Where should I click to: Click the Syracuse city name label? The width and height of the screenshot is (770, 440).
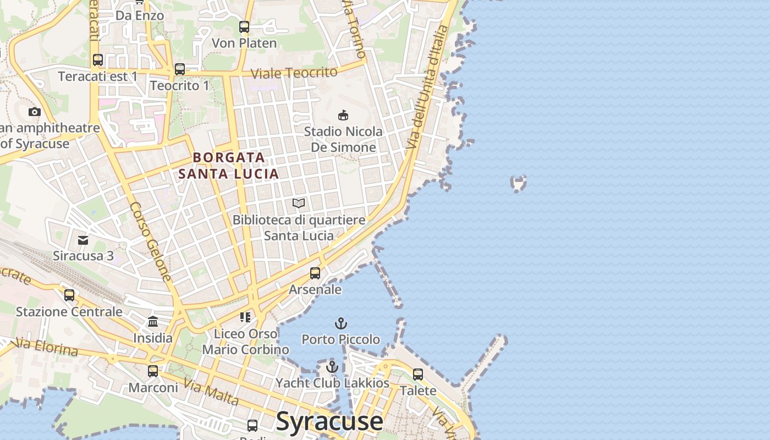click(x=329, y=421)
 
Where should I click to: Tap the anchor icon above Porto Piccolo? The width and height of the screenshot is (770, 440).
click(x=341, y=323)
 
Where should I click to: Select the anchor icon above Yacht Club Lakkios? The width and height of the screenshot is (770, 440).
click(x=332, y=367)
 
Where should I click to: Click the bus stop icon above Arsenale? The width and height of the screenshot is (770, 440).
click(x=315, y=273)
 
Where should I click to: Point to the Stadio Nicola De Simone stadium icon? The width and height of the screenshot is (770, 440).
click(x=343, y=115)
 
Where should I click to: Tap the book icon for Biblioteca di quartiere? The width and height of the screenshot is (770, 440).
click(x=299, y=204)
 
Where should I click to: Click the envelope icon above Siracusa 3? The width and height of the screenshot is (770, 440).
click(x=83, y=240)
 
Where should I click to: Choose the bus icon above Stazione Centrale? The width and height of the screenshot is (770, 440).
click(x=69, y=295)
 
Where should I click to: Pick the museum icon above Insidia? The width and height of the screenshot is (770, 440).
click(x=153, y=321)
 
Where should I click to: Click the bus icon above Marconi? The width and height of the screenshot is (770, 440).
click(x=153, y=371)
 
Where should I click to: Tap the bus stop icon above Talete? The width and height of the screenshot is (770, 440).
click(x=418, y=375)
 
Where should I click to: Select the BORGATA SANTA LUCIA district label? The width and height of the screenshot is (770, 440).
click(x=229, y=166)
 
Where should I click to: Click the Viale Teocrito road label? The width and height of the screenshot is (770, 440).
click(x=294, y=73)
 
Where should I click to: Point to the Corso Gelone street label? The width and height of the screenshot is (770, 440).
click(x=151, y=242)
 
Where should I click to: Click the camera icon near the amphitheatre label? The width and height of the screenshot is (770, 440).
click(x=35, y=112)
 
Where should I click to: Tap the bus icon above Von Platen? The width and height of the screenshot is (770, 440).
click(x=244, y=27)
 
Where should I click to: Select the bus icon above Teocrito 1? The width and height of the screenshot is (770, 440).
click(x=180, y=69)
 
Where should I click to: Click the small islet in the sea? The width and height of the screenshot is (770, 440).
click(x=518, y=183)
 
